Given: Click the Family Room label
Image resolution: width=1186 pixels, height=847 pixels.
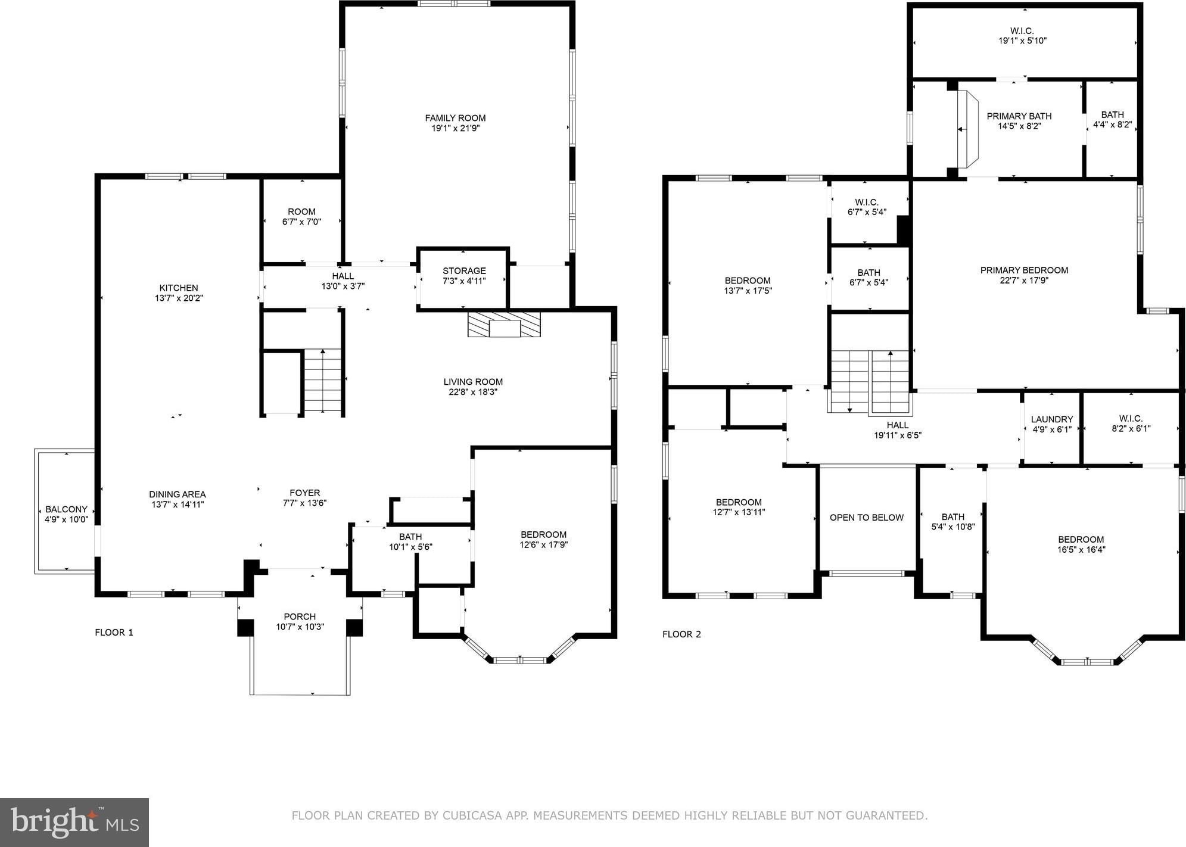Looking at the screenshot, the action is click(455, 118).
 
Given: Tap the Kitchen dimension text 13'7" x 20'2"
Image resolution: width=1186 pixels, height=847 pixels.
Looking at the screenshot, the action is click(179, 298).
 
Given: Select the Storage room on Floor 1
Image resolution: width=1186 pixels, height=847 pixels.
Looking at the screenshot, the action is click(463, 278).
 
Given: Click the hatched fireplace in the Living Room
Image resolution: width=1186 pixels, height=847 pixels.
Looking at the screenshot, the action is click(504, 324).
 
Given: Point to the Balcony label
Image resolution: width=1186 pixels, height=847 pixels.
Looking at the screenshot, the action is click(66, 509).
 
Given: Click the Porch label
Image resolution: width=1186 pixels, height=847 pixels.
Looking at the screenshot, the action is click(300, 616).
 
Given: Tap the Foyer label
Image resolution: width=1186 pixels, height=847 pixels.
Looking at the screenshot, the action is click(305, 493).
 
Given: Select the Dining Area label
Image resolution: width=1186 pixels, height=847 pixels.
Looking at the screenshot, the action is click(178, 494).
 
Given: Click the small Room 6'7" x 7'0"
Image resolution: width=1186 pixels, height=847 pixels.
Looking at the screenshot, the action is click(301, 220).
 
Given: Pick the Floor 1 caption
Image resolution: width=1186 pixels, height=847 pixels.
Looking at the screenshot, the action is click(114, 632).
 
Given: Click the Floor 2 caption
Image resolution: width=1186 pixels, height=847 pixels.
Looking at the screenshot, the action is click(681, 634).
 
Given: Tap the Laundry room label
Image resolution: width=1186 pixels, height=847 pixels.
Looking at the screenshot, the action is click(1052, 419).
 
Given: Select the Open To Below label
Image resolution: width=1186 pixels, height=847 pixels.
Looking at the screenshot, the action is click(867, 518).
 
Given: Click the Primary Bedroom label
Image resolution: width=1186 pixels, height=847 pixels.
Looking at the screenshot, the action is click(1024, 270).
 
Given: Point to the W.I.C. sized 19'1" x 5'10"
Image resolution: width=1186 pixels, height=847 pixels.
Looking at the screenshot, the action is click(1022, 41).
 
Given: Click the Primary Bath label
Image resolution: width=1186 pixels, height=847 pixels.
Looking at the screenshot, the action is click(1019, 116).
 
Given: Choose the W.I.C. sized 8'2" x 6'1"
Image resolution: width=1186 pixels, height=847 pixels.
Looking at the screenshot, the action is click(1131, 428).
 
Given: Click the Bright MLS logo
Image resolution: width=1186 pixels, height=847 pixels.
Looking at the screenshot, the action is click(74, 822).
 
